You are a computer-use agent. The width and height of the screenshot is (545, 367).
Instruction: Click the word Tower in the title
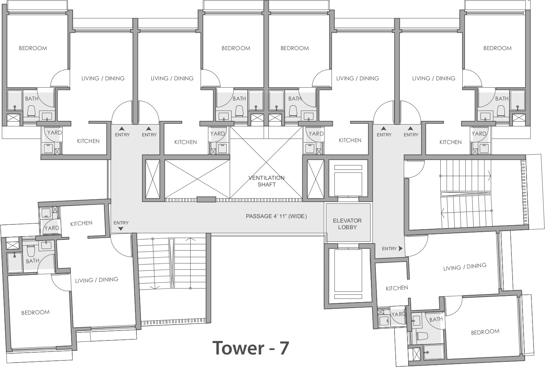(238, 348)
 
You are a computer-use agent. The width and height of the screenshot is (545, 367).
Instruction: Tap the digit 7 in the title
(284, 348)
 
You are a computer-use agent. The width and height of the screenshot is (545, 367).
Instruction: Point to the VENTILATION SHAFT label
(267, 181)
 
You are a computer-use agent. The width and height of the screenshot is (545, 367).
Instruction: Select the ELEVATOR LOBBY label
(347, 224)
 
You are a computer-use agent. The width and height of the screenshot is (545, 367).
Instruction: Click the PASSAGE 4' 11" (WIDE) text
(276, 216)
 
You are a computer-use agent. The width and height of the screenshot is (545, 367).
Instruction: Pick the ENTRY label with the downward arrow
(121, 225)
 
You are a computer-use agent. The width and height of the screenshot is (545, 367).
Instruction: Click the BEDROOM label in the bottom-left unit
(35, 312)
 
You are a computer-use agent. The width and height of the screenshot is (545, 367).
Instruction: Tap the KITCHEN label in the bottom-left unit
(81, 224)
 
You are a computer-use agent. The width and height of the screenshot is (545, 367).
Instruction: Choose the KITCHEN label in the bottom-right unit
(397, 288)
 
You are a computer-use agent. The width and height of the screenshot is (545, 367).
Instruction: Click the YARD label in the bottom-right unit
(398, 314)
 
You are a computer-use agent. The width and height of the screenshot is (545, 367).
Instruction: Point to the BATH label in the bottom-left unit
(32, 261)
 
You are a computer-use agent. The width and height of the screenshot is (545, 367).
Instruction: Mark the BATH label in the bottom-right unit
(436, 319)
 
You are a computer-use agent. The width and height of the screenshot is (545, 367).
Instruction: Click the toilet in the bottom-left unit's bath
(31, 251)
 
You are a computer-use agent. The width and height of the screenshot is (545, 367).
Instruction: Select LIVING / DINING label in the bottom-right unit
(465, 267)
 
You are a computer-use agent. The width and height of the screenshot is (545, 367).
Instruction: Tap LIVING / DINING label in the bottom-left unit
(97, 280)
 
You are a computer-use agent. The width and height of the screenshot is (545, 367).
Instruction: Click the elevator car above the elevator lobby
(348, 181)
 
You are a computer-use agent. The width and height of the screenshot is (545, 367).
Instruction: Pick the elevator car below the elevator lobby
(348, 274)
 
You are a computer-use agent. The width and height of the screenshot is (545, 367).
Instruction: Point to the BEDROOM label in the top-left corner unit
(33, 48)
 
